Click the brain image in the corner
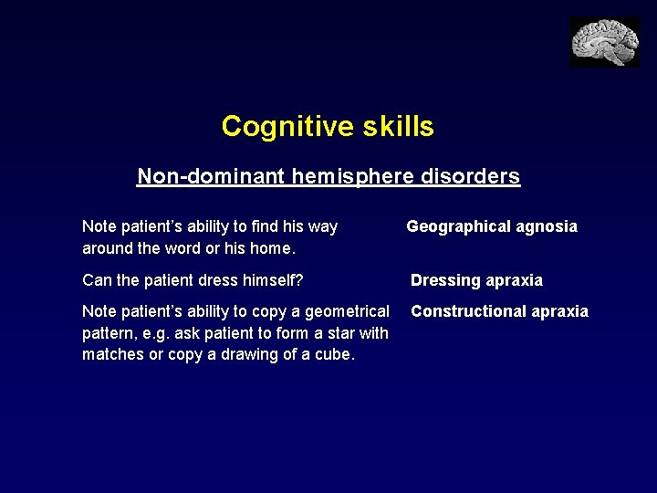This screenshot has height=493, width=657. tap(604, 42)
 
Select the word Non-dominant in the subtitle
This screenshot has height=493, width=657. tap(211, 175)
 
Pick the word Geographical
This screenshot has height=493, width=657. tap(460, 226)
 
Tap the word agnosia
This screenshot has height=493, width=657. tap(547, 226)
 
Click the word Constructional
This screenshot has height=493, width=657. tap(468, 311)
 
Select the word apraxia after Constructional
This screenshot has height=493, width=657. tap(559, 311)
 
